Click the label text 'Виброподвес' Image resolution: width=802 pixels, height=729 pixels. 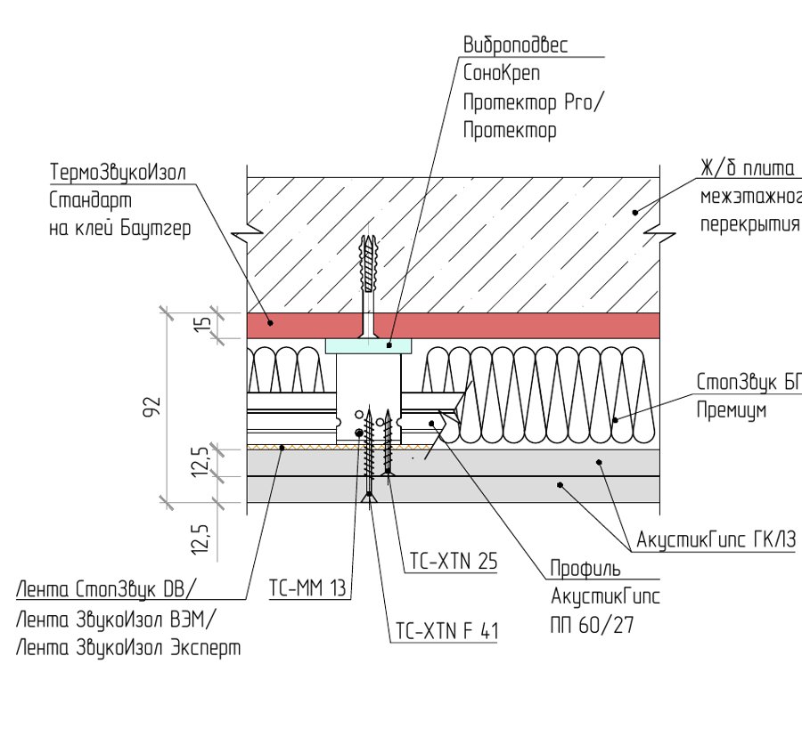(515, 45)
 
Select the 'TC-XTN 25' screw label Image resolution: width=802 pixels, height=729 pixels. (454, 561)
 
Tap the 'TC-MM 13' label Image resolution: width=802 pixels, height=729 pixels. (308, 588)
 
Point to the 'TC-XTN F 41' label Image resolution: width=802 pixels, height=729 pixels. (446, 631)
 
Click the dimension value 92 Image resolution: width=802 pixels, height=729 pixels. (151, 407)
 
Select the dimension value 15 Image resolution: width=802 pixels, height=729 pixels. (203, 324)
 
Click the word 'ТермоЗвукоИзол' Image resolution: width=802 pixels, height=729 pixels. (118, 172)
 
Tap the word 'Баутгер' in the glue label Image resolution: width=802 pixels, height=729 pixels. (155, 229)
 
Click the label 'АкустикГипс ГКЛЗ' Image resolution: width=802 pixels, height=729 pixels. (716, 539)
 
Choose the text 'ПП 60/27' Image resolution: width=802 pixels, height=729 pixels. (592, 625)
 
